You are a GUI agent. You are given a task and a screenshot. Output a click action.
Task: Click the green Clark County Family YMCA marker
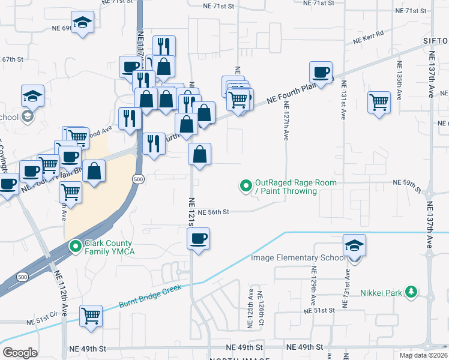[76, 246]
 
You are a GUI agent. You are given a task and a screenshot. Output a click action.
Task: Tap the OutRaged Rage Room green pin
[245, 187]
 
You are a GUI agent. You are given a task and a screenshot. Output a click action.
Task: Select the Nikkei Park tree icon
[411, 292]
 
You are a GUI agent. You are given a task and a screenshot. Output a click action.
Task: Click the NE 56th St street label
[214, 212]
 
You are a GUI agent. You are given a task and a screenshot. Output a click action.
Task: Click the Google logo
[20, 353]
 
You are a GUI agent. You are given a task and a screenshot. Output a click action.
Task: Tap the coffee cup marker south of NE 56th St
[197, 240]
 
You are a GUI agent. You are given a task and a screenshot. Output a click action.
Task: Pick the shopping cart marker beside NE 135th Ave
[379, 102]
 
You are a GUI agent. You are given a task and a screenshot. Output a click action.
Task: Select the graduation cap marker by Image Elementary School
[354, 245]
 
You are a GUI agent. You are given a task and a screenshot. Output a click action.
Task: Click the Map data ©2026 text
[423, 355]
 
